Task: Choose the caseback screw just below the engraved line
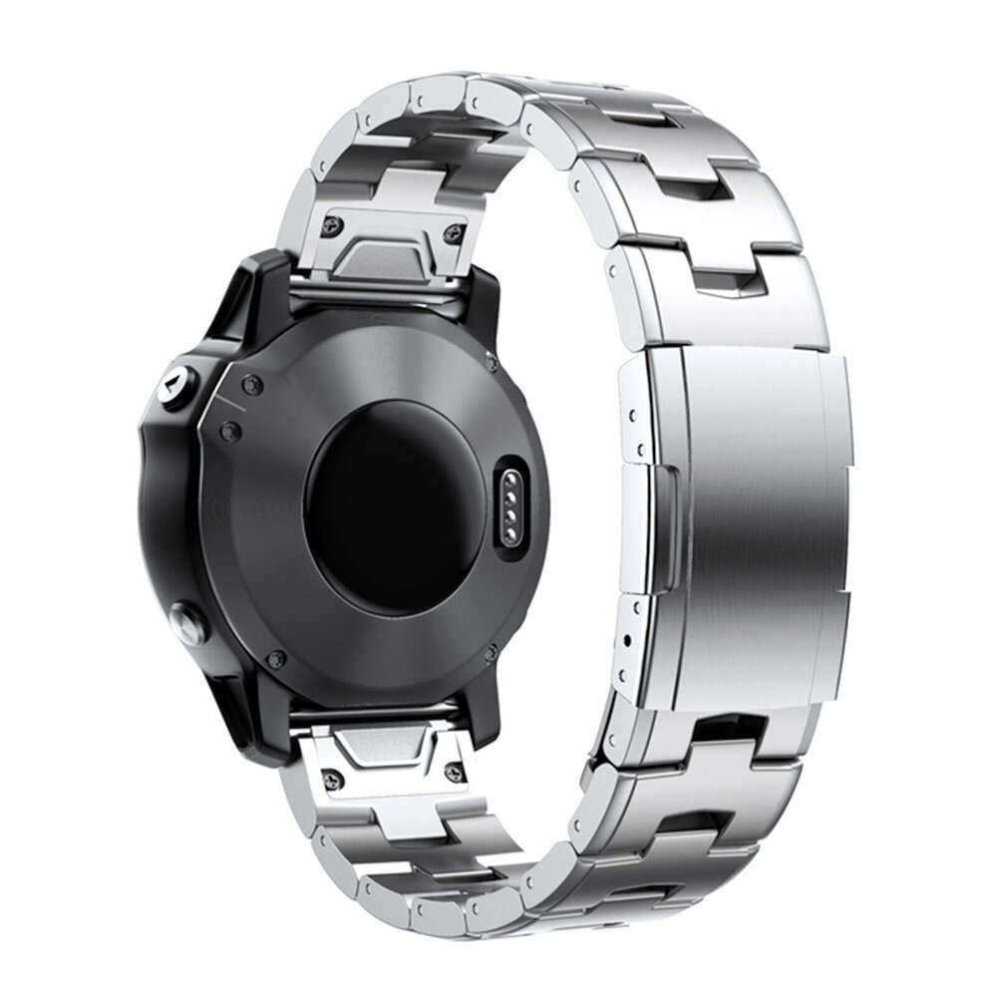click(x=231, y=429)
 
